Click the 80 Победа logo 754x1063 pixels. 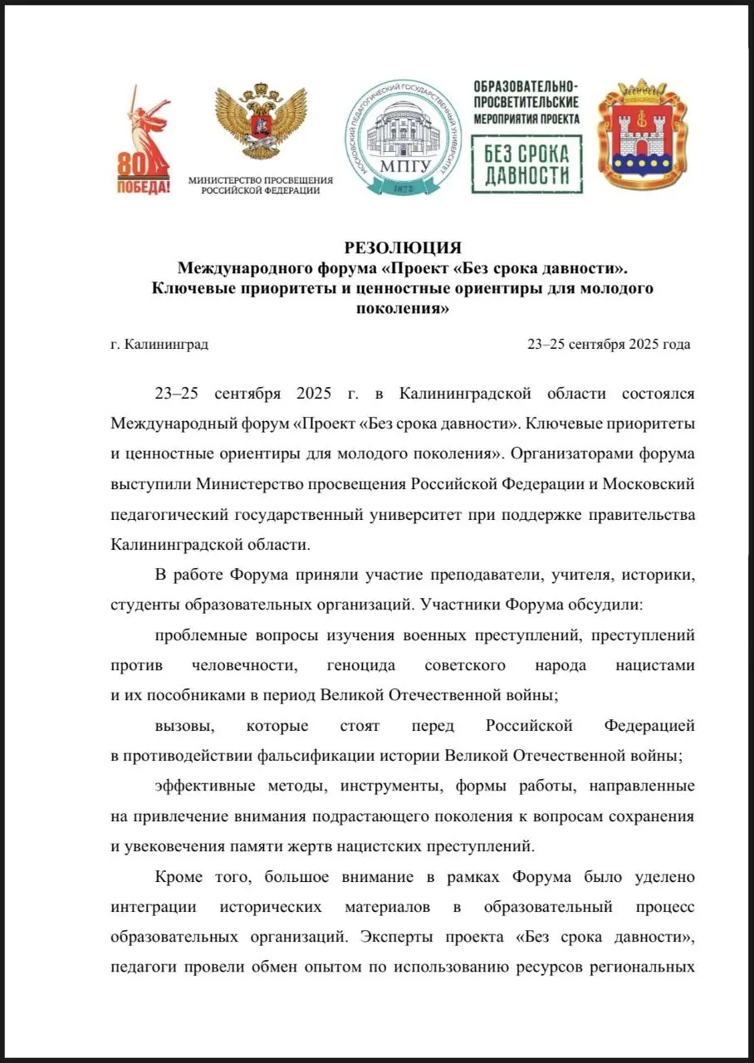pos(143,142)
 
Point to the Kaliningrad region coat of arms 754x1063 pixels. pos(642,135)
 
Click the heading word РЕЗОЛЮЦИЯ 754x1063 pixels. pos(402,248)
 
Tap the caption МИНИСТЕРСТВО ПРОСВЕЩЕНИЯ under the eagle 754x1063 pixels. pos(261,179)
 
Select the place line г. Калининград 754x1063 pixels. pos(159,344)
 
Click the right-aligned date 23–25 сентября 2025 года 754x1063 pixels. pos(609,344)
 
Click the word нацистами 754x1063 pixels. pos(655,665)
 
